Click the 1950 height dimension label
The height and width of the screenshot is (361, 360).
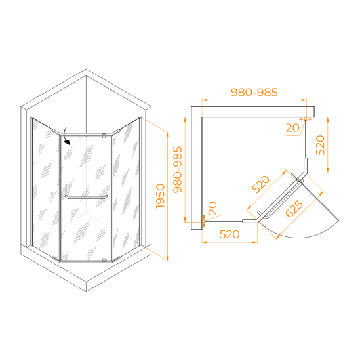161,196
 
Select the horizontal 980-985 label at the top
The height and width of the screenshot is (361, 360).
254,93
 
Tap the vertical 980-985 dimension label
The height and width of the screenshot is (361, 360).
178,169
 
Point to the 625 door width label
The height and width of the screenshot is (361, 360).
294,209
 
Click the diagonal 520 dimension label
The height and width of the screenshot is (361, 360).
260,184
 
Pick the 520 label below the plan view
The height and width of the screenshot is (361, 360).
230,234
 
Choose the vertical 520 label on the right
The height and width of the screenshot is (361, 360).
320,145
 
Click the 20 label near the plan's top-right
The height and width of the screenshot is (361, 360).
292,128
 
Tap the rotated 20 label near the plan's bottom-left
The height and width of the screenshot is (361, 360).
212,208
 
